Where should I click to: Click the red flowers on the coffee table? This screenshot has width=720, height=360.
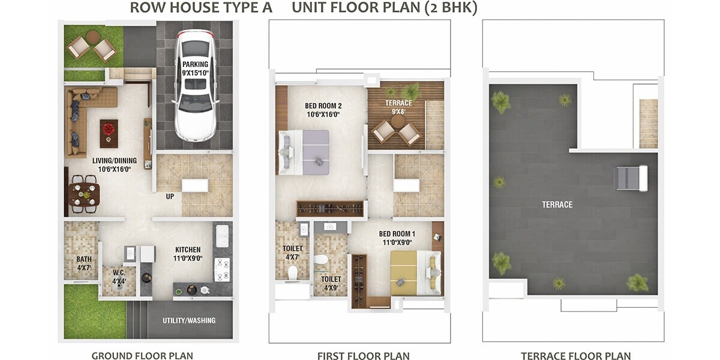(109, 129)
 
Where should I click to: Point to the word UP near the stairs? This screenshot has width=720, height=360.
(170, 196)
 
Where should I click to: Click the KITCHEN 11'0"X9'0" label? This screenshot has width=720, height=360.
(188, 254)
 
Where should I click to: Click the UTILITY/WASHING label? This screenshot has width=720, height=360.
(189, 320)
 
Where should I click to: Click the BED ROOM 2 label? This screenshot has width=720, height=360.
(323, 110)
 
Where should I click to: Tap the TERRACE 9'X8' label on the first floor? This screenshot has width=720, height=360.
(398, 107)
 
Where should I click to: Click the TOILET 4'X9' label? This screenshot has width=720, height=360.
(331, 283)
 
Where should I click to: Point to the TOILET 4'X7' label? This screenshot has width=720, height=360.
(292, 253)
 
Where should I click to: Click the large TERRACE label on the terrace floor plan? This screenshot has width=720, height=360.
(557, 205)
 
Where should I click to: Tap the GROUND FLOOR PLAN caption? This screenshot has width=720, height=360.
(142, 356)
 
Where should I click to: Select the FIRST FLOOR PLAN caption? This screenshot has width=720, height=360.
(364, 356)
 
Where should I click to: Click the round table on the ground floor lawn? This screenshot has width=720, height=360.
(92, 37)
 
